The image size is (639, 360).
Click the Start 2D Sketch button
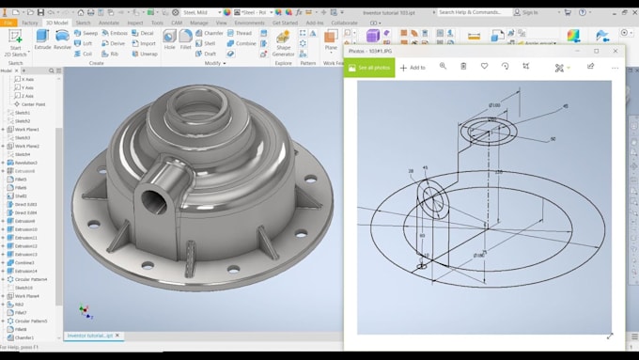pyautogui.click(x=14, y=40)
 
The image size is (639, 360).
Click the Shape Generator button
pyautogui.click(x=283, y=41)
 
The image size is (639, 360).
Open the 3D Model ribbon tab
pyautogui.click(x=57, y=22)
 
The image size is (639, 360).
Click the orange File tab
pyautogui.click(x=8, y=22)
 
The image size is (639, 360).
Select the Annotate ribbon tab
pyautogui.click(x=109, y=22)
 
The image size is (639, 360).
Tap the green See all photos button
pyautogui.click(x=369, y=68)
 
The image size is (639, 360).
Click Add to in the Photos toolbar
pyautogui.click(x=413, y=68)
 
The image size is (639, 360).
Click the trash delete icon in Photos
pyautogui.click(x=463, y=67)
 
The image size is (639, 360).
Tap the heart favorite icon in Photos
pyautogui.click(x=484, y=67)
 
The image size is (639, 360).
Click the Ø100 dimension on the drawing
pyautogui.click(x=494, y=104)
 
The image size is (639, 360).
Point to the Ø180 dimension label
pyautogui.click(x=478, y=255)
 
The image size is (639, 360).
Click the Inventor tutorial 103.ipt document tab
pyautogui.click(x=89, y=336)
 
